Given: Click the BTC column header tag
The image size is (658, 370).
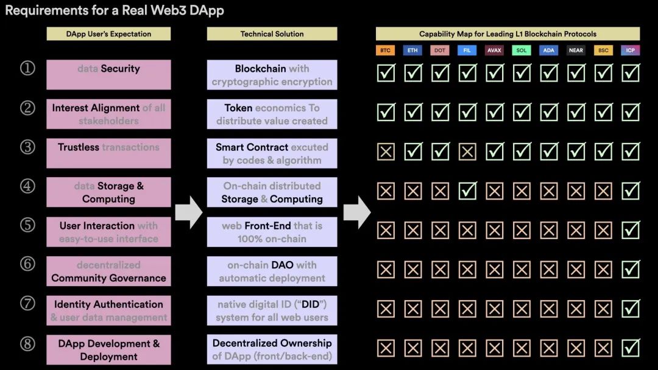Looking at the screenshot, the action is [386, 51].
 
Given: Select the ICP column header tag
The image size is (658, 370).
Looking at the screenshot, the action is [631, 51].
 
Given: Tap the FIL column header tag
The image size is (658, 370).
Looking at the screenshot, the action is [467, 51].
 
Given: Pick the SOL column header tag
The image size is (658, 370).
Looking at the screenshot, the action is [522, 51].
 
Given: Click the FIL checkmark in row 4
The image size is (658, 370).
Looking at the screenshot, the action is [467, 191].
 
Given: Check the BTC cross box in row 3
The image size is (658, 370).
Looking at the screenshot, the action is [386, 152].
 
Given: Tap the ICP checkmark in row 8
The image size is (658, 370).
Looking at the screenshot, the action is [631, 348].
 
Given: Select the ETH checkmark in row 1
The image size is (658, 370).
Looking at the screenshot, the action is [413, 73].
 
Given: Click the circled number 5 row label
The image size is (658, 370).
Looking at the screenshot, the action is [27, 225].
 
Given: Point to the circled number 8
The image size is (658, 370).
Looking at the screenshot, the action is [27, 343].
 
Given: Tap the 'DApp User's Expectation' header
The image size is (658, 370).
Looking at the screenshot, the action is [108, 34].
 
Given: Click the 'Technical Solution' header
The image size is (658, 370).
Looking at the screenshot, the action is [272, 34].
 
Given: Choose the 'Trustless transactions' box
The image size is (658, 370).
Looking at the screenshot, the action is [108, 153].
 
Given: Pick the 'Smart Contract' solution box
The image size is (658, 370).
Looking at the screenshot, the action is [272, 153].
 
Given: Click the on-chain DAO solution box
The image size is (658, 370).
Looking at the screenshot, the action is [272, 271].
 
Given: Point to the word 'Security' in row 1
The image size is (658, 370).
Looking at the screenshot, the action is [120, 69].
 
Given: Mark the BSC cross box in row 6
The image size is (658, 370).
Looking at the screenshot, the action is [603, 270].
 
